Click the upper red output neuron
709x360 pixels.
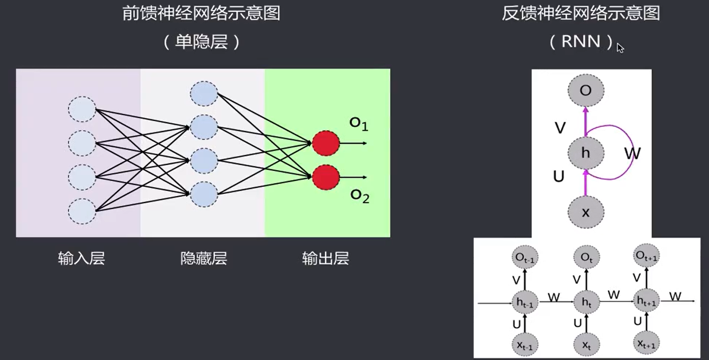[x=326, y=143]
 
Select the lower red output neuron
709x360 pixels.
[x=326, y=177]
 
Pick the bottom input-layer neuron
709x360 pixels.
[x=82, y=211]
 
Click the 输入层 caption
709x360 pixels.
[x=82, y=258]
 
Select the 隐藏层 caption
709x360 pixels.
[x=204, y=258]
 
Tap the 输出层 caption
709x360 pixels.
[x=326, y=258]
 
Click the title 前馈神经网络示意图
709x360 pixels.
[x=201, y=13]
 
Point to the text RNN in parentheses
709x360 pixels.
[x=581, y=42]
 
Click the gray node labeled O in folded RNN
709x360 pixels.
[x=586, y=90]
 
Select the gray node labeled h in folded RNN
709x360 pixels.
[x=586, y=153]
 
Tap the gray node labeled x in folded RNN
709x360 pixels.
[x=586, y=212]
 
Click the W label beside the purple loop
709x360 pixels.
[x=632, y=154]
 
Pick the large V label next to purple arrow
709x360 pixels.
[x=560, y=128]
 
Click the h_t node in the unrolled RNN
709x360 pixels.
[x=586, y=303]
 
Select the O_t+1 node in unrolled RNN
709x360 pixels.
[x=647, y=255]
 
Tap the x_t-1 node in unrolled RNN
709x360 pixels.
[x=525, y=344]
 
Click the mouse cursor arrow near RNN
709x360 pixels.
[x=620, y=47]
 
